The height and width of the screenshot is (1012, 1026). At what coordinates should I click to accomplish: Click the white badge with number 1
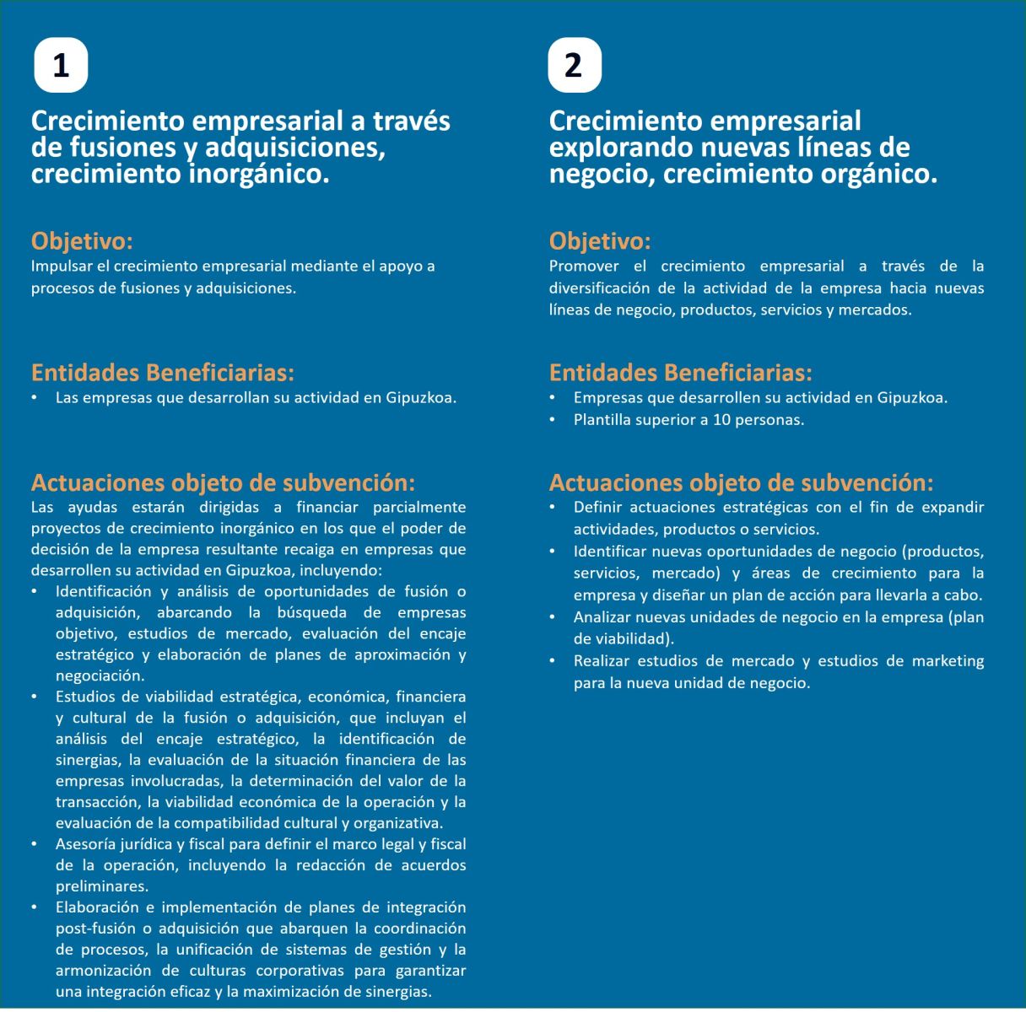pos(61,65)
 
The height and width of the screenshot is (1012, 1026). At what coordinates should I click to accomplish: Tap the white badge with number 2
pos(574,65)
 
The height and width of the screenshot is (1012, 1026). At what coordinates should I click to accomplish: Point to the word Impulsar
pos(61,266)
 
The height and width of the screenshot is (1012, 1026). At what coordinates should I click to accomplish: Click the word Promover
pos(584,266)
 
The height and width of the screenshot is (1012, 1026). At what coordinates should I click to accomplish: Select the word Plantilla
pos(602,420)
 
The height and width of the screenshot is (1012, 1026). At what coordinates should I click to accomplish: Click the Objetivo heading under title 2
pos(599,241)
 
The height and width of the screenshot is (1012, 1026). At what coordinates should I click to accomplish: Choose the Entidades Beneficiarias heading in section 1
pos(163,373)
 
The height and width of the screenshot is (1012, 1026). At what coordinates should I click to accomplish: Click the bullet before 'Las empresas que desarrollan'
pos(35,398)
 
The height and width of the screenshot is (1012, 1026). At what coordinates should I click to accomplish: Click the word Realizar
pos(600,661)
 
